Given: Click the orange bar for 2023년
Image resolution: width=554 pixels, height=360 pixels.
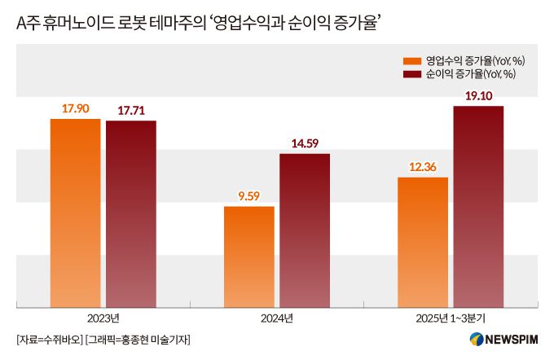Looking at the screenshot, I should (75, 213).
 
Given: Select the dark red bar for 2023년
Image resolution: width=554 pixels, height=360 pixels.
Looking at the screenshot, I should (130, 214).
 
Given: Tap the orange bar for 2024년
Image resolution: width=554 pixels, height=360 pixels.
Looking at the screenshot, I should (248, 257).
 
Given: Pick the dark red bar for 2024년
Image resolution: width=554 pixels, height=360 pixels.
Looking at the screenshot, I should (304, 230).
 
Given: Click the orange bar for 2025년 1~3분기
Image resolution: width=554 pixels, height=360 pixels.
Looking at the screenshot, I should (422, 242).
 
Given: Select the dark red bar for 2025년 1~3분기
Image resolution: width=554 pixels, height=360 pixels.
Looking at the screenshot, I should (478, 207).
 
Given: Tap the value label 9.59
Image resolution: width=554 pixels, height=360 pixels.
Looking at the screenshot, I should (248, 195).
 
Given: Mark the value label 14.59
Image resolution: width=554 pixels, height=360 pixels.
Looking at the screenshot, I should (304, 143).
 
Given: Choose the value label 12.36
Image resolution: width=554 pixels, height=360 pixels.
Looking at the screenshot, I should (422, 167).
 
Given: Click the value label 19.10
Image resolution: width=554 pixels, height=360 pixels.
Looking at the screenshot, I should (478, 95).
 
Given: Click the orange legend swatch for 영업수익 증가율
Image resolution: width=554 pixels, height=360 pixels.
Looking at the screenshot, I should (412, 61).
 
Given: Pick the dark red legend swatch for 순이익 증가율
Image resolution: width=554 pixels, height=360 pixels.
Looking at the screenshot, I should (412, 74).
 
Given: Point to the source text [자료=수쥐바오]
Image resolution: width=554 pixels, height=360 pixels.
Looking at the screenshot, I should (49, 340).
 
